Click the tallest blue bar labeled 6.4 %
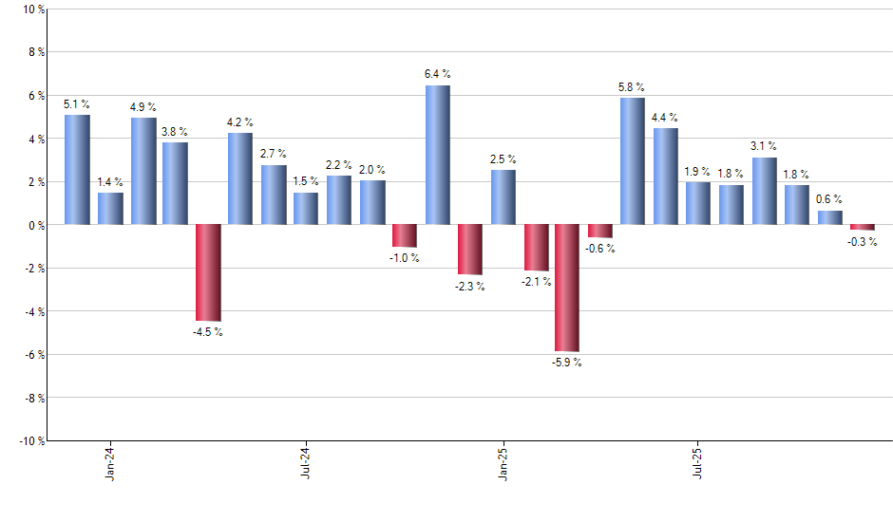(437, 155)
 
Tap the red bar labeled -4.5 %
(208, 272)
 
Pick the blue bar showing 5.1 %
(77, 169)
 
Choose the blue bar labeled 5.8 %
(633, 160)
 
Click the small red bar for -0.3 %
(863, 227)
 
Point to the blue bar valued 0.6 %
(830, 217)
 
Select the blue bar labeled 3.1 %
(765, 191)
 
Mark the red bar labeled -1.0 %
(405, 235)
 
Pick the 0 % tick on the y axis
(35, 225)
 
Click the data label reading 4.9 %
(143, 107)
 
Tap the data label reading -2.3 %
(470, 287)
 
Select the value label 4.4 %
(665, 118)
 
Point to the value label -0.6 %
(600, 249)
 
